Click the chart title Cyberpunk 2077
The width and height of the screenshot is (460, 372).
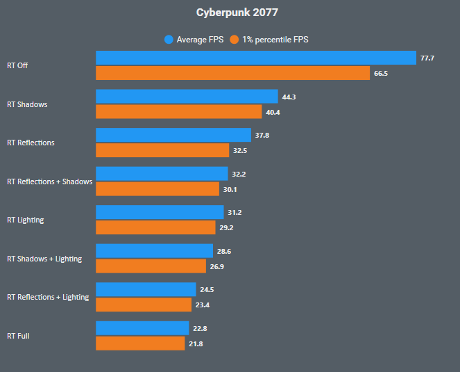click(x=230, y=13)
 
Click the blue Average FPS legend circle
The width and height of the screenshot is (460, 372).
click(x=169, y=40)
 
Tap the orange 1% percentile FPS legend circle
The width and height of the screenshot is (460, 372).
click(x=235, y=40)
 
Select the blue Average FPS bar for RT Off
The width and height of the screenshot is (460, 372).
click(x=255, y=58)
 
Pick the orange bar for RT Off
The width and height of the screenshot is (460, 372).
click(x=232, y=73)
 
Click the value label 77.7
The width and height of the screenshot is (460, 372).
click(x=427, y=58)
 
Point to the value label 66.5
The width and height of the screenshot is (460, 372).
click(x=381, y=73)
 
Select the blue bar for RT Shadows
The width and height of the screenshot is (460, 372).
click(x=187, y=97)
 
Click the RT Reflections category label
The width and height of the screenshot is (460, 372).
click(x=31, y=143)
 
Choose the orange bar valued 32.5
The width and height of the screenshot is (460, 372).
click(x=162, y=150)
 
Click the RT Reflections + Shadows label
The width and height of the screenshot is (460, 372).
click(x=49, y=181)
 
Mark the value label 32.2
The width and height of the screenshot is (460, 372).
click(x=239, y=174)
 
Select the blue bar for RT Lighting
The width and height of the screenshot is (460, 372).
click(x=160, y=212)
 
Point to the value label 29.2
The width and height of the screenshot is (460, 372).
click(x=226, y=227)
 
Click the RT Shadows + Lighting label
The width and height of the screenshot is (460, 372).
click(x=44, y=259)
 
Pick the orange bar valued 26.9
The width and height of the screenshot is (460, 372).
click(x=151, y=266)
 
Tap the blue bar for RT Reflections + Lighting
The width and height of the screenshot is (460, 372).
click(x=146, y=289)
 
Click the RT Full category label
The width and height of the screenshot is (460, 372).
click(x=18, y=336)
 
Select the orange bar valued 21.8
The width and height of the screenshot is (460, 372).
click(x=140, y=343)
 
